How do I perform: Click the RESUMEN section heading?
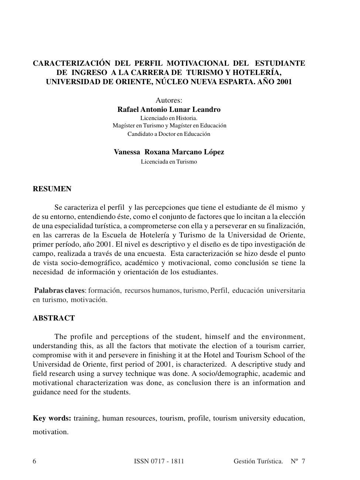[52, 189]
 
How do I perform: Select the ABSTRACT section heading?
[54, 318]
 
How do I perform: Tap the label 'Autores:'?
[169, 100]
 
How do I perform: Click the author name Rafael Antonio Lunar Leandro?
[169, 110]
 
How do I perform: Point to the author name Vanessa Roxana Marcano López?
[169, 152]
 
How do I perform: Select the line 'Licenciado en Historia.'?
[169, 118]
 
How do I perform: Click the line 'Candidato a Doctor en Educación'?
[169, 134]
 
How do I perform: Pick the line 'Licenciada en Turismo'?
[169, 162]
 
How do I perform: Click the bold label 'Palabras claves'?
[59, 291]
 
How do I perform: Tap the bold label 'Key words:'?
[52, 418]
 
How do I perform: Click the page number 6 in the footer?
[35, 461]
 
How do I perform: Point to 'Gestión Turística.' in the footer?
[258, 461]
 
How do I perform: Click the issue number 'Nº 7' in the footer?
[298, 461]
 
